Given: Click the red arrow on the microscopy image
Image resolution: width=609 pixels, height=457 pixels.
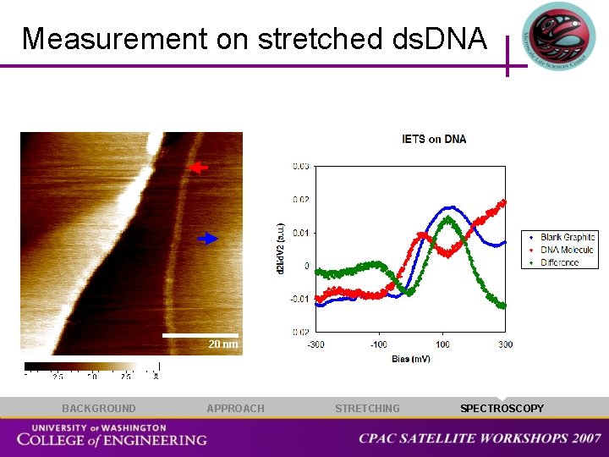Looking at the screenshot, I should point(198,168).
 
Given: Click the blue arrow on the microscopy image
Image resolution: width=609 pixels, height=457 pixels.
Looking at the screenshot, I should point(208,239).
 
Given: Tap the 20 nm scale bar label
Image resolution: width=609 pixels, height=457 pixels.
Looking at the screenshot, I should point(223,344).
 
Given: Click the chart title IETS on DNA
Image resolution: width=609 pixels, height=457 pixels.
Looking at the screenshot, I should point(434,139).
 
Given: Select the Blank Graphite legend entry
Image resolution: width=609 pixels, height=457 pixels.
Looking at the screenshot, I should point(568,238).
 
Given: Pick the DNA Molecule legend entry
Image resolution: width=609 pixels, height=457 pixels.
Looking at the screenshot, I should point(567,251).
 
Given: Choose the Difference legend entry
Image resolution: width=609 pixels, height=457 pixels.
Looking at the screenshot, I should point(560,262).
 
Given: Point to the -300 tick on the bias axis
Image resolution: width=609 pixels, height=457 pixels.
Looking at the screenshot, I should point(315,344).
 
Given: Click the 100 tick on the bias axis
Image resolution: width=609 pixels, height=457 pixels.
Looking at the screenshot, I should point(443,344).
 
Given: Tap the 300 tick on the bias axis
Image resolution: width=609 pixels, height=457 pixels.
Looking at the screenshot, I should point(506,344).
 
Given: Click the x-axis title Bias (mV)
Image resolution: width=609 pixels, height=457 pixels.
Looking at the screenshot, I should point(411,359).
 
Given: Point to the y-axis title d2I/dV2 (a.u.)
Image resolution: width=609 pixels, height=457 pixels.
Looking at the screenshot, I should point(282,247).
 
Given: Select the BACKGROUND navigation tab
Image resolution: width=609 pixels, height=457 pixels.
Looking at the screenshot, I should point(98,409).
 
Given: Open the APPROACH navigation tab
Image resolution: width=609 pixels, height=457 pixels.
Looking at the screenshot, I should point(235,409).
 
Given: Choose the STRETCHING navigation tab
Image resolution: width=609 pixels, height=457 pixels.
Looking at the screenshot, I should point(367,409).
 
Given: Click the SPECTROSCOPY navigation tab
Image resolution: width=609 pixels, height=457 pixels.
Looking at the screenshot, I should point(502,409).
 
